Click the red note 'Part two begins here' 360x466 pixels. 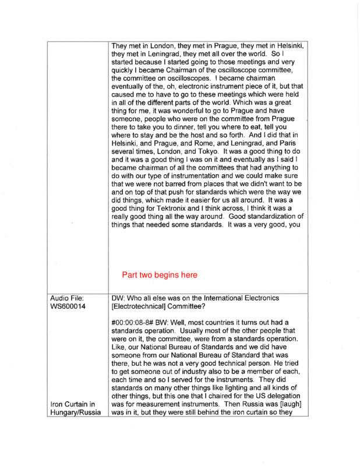coord(160,274)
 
